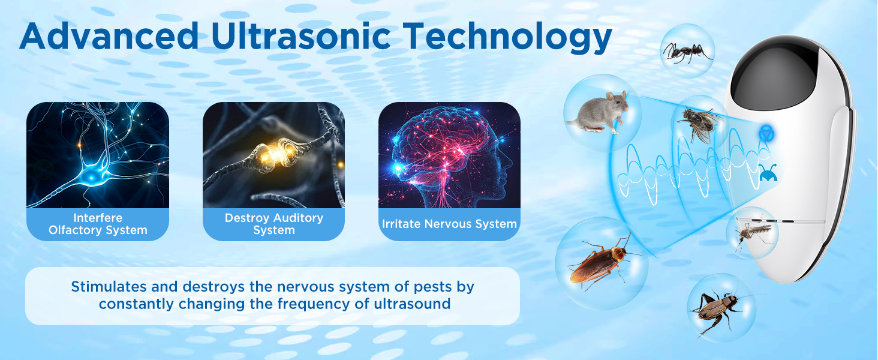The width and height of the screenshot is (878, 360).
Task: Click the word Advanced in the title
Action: click(x=108, y=37)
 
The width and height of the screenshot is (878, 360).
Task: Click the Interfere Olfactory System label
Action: click(x=98, y=224)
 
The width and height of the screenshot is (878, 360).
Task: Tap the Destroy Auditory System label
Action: click(x=273, y=224)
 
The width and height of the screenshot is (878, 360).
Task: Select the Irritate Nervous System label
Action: click(x=449, y=224)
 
